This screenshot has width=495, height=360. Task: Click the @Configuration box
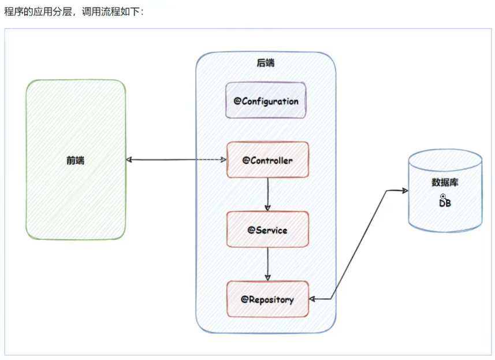tap(266, 101)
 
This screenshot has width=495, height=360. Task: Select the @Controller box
tap(267, 160)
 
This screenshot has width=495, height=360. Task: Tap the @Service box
tap(267, 230)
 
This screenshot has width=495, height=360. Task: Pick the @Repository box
tap(267, 299)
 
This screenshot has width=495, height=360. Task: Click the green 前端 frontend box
tap(75, 160)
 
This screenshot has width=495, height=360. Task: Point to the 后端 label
tap(266, 63)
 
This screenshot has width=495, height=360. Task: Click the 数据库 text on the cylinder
tap(445, 183)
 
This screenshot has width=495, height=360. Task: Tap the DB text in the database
tap(445, 203)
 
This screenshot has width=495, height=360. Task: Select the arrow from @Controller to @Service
tap(267, 193)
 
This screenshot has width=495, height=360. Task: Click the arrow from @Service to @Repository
tap(267, 263)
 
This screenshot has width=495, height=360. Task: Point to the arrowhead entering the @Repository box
tap(312, 299)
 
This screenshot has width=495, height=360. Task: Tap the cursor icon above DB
tap(443, 196)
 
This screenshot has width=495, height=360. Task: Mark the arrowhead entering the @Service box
tap(267, 208)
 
